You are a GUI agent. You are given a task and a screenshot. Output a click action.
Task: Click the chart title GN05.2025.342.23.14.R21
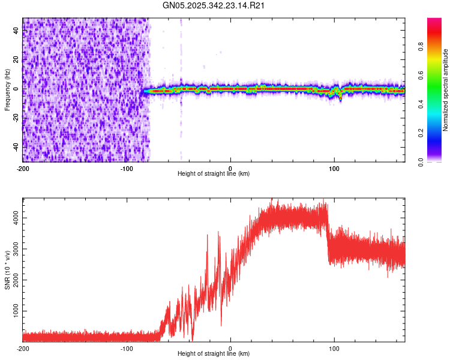(214, 5)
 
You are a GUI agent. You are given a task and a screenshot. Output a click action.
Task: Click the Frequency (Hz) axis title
(7, 89)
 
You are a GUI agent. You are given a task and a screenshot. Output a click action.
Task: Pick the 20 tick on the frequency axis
(17, 60)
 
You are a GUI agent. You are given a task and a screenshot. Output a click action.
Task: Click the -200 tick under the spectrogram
(23, 168)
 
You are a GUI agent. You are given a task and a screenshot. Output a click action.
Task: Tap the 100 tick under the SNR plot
(334, 348)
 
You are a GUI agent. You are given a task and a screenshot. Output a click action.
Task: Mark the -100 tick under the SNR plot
(127, 348)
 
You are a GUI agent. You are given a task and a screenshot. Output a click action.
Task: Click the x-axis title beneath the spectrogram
(214, 174)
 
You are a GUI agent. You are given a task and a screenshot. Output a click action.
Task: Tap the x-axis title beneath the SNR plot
(214, 354)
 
